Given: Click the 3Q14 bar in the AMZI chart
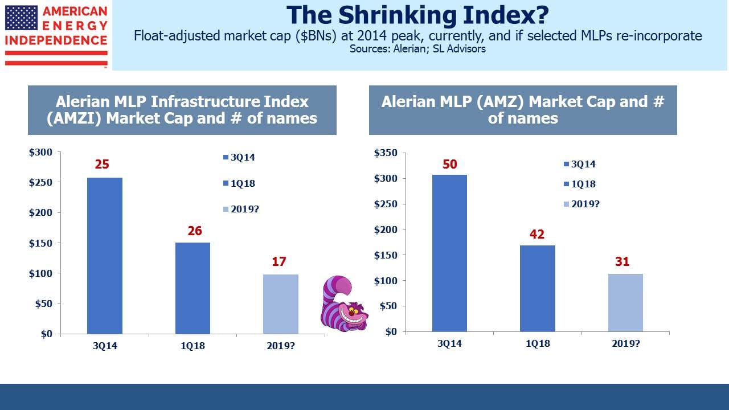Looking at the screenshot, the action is [x=105, y=256].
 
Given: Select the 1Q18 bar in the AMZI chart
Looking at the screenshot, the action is [x=193, y=288].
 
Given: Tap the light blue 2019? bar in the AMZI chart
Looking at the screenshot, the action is [x=281, y=304].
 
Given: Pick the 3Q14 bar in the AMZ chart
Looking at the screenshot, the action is [x=449, y=253].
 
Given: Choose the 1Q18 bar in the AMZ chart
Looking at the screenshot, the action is [x=538, y=288].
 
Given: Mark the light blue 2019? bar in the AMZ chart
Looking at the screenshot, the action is [x=625, y=302].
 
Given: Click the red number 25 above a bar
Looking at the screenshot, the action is [x=102, y=165].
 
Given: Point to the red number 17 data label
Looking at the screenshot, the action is [x=279, y=261].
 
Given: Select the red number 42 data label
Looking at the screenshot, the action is [x=537, y=234].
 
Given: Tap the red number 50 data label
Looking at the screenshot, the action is [x=450, y=165].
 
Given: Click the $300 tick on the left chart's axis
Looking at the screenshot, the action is [x=40, y=152].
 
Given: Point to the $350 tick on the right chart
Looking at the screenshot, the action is [x=386, y=153].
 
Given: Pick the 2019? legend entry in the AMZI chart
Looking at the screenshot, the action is [x=241, y=209].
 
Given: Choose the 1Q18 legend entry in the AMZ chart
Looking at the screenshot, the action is [x=580, y=184].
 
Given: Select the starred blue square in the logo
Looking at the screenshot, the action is [x=22, y=18].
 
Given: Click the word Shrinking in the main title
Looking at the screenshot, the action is [x=397, y=15].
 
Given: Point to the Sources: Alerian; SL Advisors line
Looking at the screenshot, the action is [x=417, y=49].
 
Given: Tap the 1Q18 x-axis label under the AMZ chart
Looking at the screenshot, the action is [x=538, y=343].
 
